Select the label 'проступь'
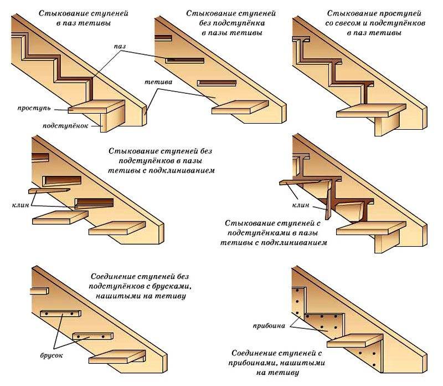point(34,108)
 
